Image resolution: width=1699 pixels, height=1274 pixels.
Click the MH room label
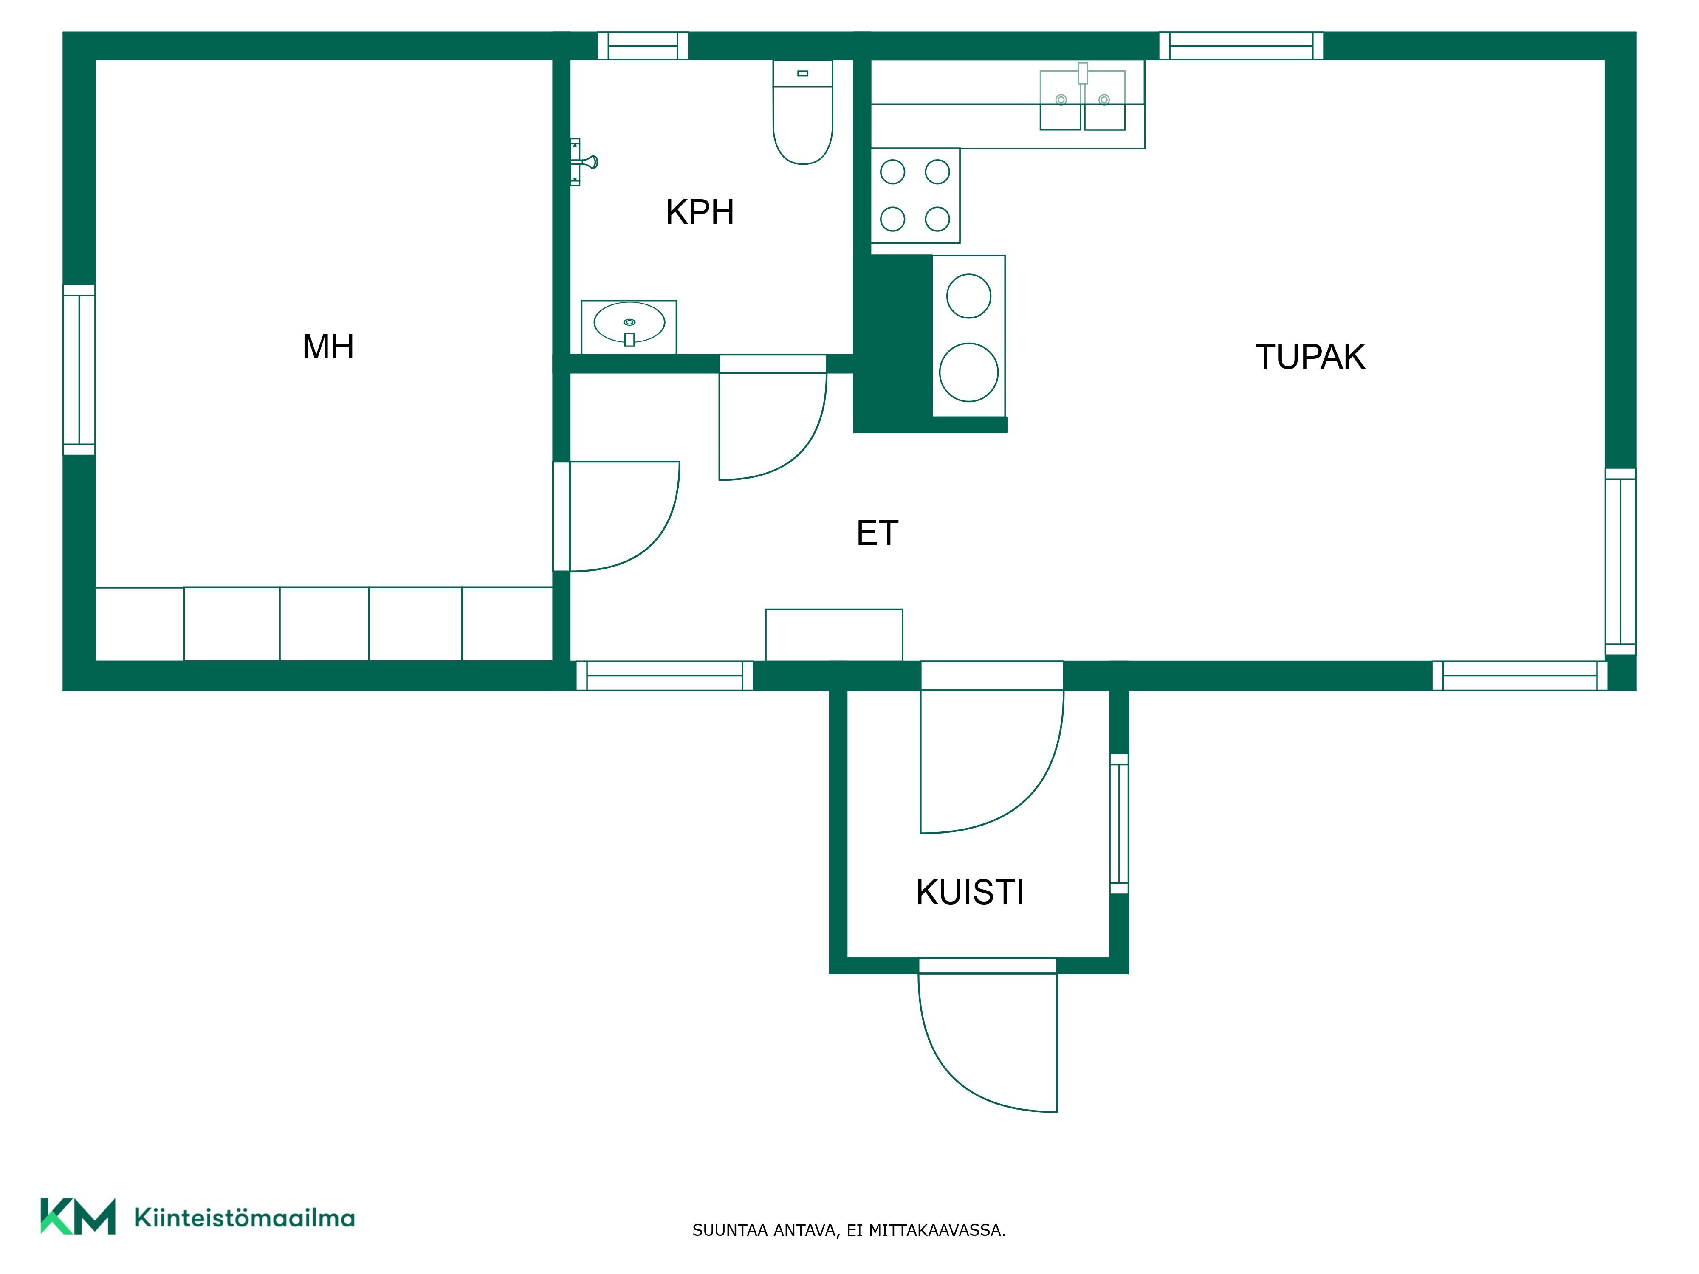pos(328,347)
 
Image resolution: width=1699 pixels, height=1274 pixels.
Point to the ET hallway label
pos(877,533)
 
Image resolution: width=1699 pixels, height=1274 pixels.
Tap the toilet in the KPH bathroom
pos(803,113)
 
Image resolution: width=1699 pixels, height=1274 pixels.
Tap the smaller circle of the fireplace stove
pos(968,296)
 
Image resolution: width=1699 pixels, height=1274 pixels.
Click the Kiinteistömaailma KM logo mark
pos(78,1216)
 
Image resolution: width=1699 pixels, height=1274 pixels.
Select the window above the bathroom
pos(643,46)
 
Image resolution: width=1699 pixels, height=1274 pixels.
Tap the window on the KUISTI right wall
pos(1119,824)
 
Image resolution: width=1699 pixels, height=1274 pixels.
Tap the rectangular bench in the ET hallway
pos(834,635)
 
